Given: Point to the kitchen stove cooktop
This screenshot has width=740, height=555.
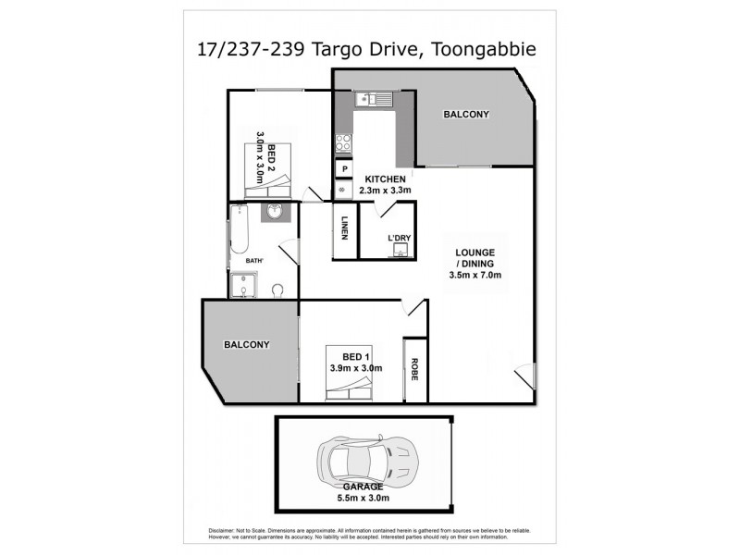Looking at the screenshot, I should click(342, 142).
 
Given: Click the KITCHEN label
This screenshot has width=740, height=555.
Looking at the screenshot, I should click(386, 179).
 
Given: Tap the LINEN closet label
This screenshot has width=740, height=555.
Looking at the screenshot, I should click(344, 228).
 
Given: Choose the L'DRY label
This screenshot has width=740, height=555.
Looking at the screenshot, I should click(400, 239).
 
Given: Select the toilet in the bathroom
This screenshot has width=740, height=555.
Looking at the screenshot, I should click(277, 290).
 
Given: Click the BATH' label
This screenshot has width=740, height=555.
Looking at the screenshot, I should click(255, 261).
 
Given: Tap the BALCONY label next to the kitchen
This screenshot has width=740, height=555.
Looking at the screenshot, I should click(466, 115).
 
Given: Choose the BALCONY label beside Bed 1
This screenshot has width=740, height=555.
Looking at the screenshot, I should click(246, 345).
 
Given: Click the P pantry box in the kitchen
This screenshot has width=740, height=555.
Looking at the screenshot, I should click(343, 170).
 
